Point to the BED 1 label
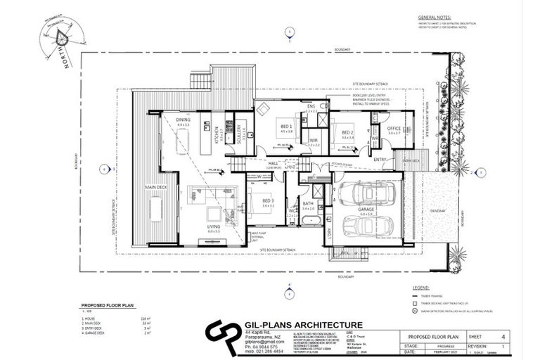(x=286, y=127)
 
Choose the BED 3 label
(x=267, y=201)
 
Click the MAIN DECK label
(x=155, y=187)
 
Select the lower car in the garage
(x=364, y=225)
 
